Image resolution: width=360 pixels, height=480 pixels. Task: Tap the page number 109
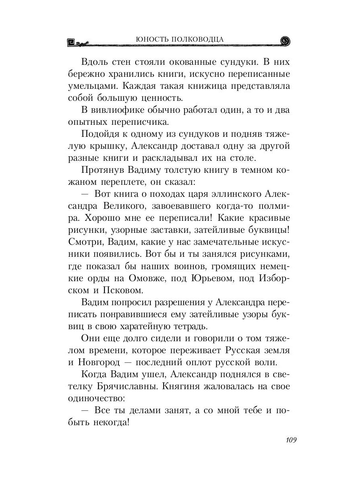click(x=290, y=440)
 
